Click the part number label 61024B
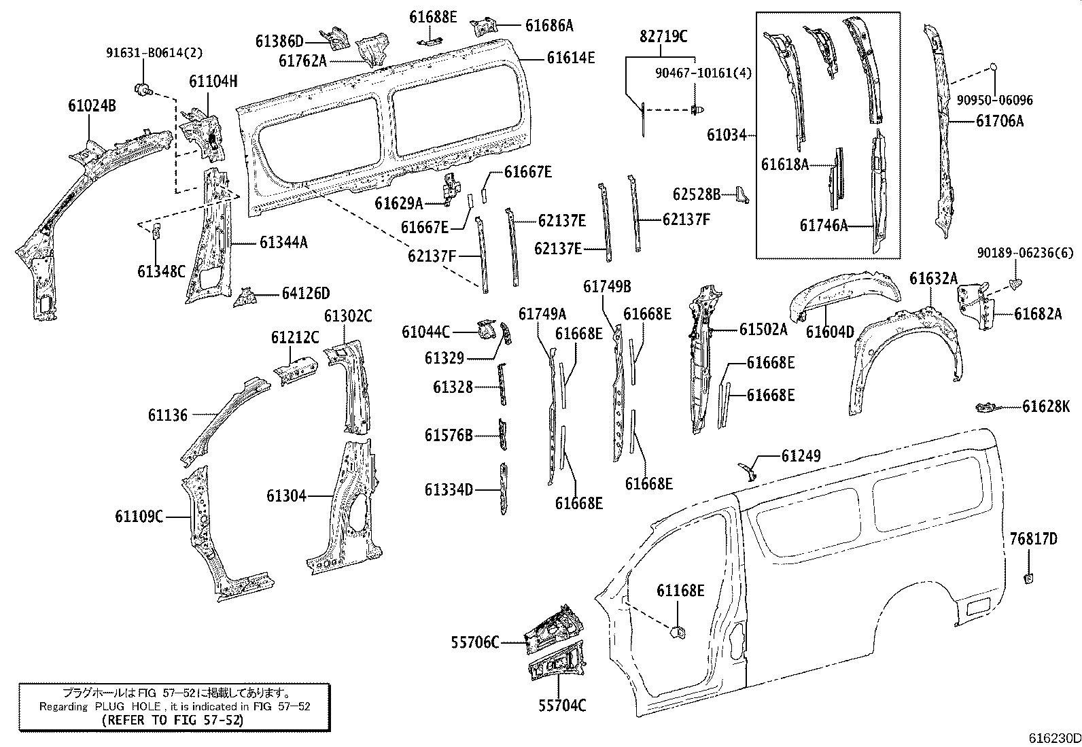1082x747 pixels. coord(92,105)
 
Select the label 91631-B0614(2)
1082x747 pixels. coord(154,52)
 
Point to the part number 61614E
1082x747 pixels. coord(571,58)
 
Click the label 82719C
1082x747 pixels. coord(663,37)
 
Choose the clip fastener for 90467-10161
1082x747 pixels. coord(698,108)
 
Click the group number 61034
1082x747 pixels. coord(727,135)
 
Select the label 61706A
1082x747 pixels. coord(999,121)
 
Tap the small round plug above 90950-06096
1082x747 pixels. coord(993,67)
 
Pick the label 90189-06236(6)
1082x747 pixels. coord(1026,253)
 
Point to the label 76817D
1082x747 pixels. coord(1033,539)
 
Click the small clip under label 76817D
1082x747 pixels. coord(1028,578)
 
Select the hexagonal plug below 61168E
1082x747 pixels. coord(677,632)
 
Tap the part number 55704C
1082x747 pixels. coord(562,706)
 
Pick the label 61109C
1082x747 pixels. coord(139,517)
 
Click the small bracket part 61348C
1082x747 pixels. coord(156,231)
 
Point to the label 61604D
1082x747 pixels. coord(830,332)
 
